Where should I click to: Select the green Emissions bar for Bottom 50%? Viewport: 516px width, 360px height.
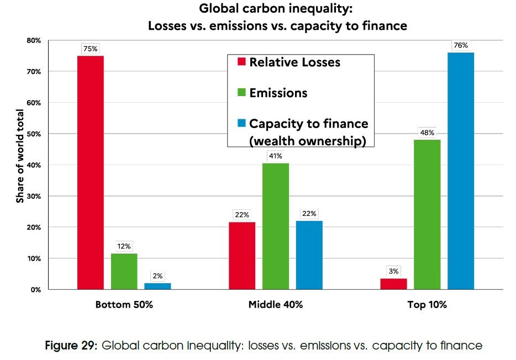124,271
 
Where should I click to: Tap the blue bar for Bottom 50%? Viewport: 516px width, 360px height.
158,286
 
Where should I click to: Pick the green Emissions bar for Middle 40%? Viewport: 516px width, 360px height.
276,226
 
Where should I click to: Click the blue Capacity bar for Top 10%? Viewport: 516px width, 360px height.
461,171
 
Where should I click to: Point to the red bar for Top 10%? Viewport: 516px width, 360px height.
393,284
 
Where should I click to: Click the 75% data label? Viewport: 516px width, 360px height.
91,49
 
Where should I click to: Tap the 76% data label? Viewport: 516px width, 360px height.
461,46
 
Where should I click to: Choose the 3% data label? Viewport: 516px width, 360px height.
393,271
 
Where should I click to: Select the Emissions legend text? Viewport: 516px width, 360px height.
278,93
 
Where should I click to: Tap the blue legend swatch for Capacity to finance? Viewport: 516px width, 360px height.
241,124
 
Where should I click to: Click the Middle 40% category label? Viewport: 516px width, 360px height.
276,305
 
